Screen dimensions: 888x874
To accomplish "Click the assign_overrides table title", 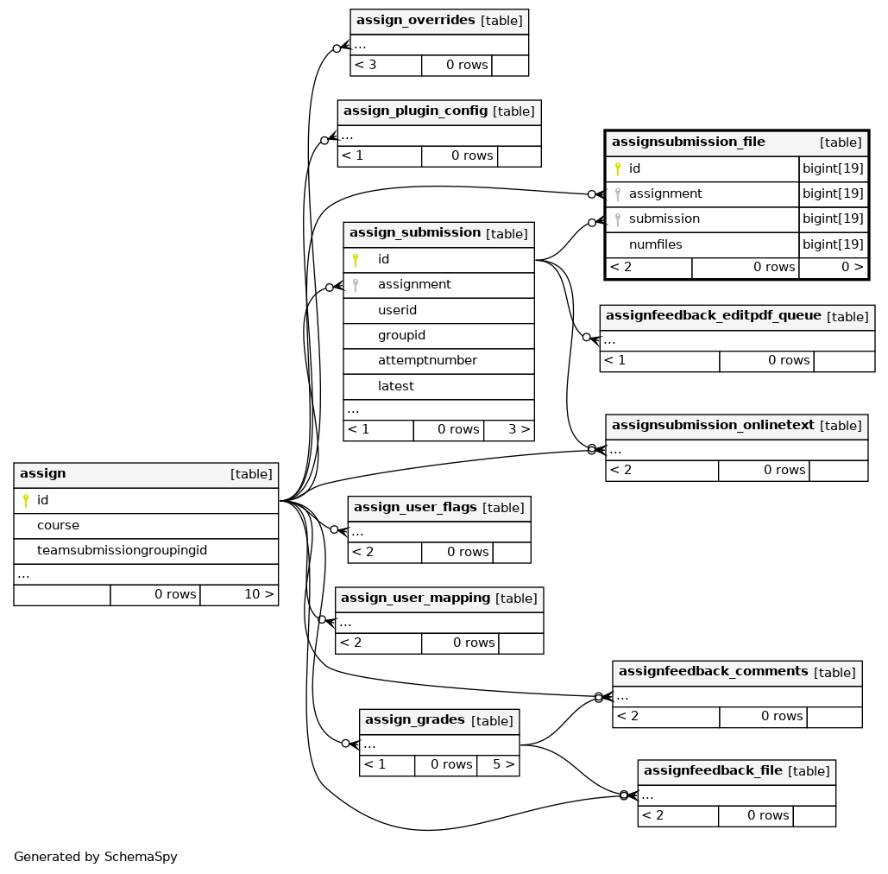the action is click(415, 21).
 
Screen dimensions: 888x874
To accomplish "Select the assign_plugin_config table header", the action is click(439, 112).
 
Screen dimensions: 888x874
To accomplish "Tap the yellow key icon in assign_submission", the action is click(356, 260).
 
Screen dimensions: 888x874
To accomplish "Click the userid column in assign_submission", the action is click(397, 310).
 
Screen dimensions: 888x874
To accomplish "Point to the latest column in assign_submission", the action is click(395, 386).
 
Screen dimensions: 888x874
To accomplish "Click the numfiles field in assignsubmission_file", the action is click(655, 244).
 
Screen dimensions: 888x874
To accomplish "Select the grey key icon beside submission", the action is click(618, 219).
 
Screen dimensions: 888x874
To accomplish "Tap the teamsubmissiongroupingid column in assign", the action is click(122, 550).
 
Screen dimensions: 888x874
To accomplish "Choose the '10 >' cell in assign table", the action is click(239, 594).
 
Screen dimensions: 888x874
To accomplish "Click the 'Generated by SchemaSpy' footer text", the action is click(95, 857).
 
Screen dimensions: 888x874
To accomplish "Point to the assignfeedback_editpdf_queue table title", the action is click(713, 316).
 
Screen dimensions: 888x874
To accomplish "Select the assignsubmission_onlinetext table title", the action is click(713, 425).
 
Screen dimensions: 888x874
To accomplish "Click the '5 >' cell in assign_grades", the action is click(498, 764).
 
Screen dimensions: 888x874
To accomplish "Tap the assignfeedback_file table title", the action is click(713, 770).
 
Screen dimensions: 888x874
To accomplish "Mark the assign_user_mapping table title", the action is click(415, 598).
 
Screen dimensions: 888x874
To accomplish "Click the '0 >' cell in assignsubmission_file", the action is click(834, 268).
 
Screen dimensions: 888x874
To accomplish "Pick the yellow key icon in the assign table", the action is click(26, 501).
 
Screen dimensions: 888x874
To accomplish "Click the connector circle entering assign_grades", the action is click(345, 744).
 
